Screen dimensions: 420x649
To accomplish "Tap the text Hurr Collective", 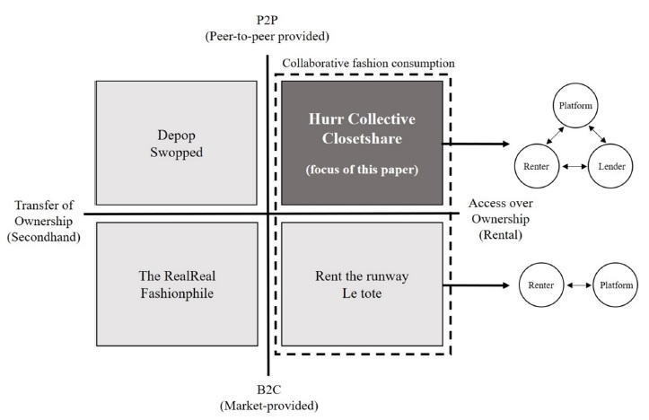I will (x=364, y=121).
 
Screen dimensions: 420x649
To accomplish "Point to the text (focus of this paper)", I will (x=364, y=169).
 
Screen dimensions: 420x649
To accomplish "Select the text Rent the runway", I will (x=364, y=276).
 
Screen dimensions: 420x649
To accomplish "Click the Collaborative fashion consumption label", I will (x=368, y=64).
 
